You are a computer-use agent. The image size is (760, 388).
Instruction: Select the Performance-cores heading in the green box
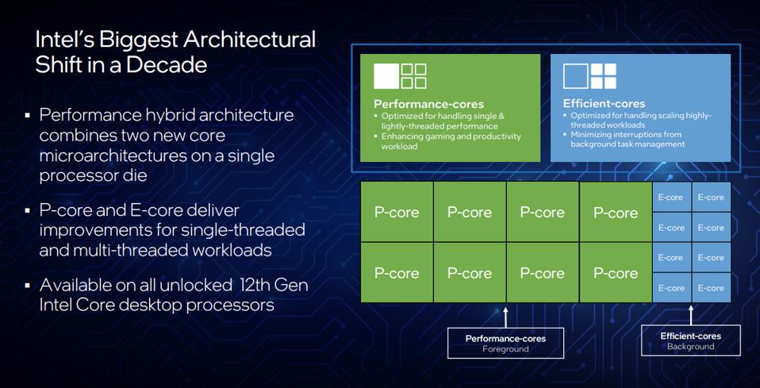tap(428, 104)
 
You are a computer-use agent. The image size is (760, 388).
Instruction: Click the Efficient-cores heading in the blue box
tap(604, 104)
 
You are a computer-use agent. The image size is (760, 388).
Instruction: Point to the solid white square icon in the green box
tap(386, 76)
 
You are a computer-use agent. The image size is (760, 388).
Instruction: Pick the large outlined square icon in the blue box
tap(575, 76)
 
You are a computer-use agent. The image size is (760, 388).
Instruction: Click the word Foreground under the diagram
tap(505, 349)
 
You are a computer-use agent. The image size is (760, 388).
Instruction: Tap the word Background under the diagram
tap(691, 347)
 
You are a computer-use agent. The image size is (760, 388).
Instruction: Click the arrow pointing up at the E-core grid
tap(691, 315)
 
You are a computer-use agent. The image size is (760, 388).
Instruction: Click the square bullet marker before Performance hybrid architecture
tap(27, 116)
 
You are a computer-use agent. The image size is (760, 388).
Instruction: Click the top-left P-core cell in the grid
tap(397, 212)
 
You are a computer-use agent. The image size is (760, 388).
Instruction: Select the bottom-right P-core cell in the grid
tap(616, 273)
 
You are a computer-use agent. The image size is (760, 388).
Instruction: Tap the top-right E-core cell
tap(711, 197)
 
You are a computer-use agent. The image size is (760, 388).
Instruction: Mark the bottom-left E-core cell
tap(670, 288)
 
